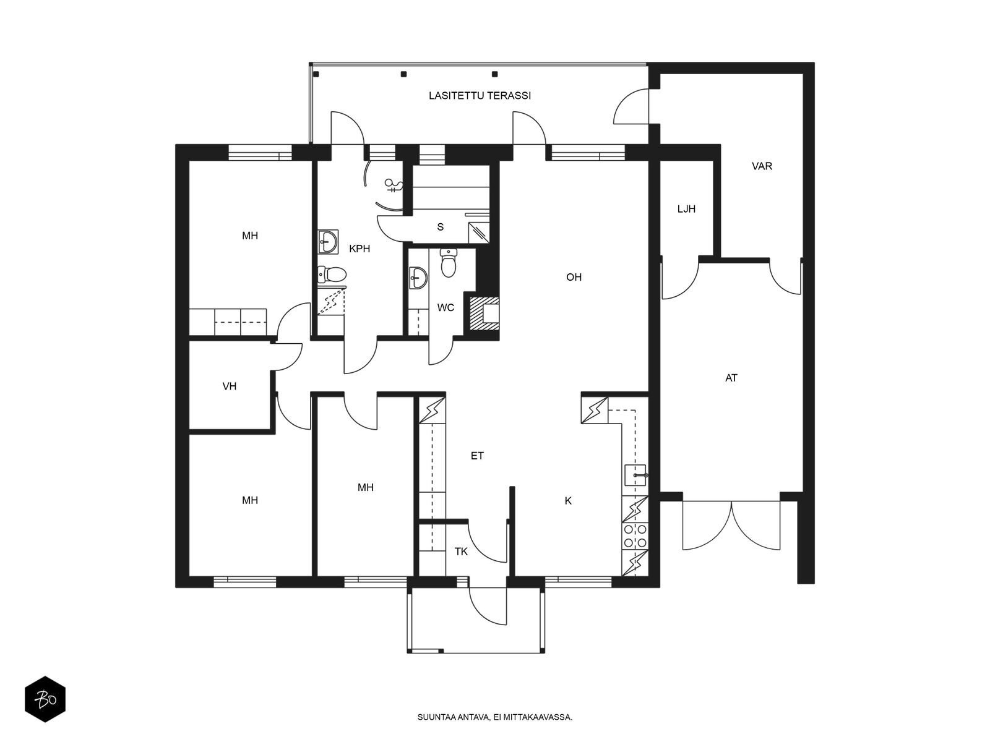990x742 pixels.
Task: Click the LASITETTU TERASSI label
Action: (480, 95)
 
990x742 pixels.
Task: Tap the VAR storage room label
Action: (762, 166)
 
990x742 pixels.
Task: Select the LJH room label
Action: (686, 209)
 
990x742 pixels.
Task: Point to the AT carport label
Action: (731, 378)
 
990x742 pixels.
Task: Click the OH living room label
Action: (574, 277)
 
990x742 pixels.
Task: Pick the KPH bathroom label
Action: (359, 249)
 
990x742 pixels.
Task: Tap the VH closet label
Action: (229, 386)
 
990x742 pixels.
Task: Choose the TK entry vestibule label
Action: (461, 552)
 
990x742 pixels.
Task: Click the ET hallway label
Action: (477, 456)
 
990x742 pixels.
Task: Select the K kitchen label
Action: (568, 500)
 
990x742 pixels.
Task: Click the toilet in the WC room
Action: (449, 263)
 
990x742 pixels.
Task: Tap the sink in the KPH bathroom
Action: (328, 242)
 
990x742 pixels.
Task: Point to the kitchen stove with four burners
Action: (635, 536)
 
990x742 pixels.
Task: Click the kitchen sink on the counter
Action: (635, 475)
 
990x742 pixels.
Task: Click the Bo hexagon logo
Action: (45, 699)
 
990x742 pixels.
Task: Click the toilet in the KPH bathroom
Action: (332, 273)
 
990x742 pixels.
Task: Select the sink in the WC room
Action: (418, 278)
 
